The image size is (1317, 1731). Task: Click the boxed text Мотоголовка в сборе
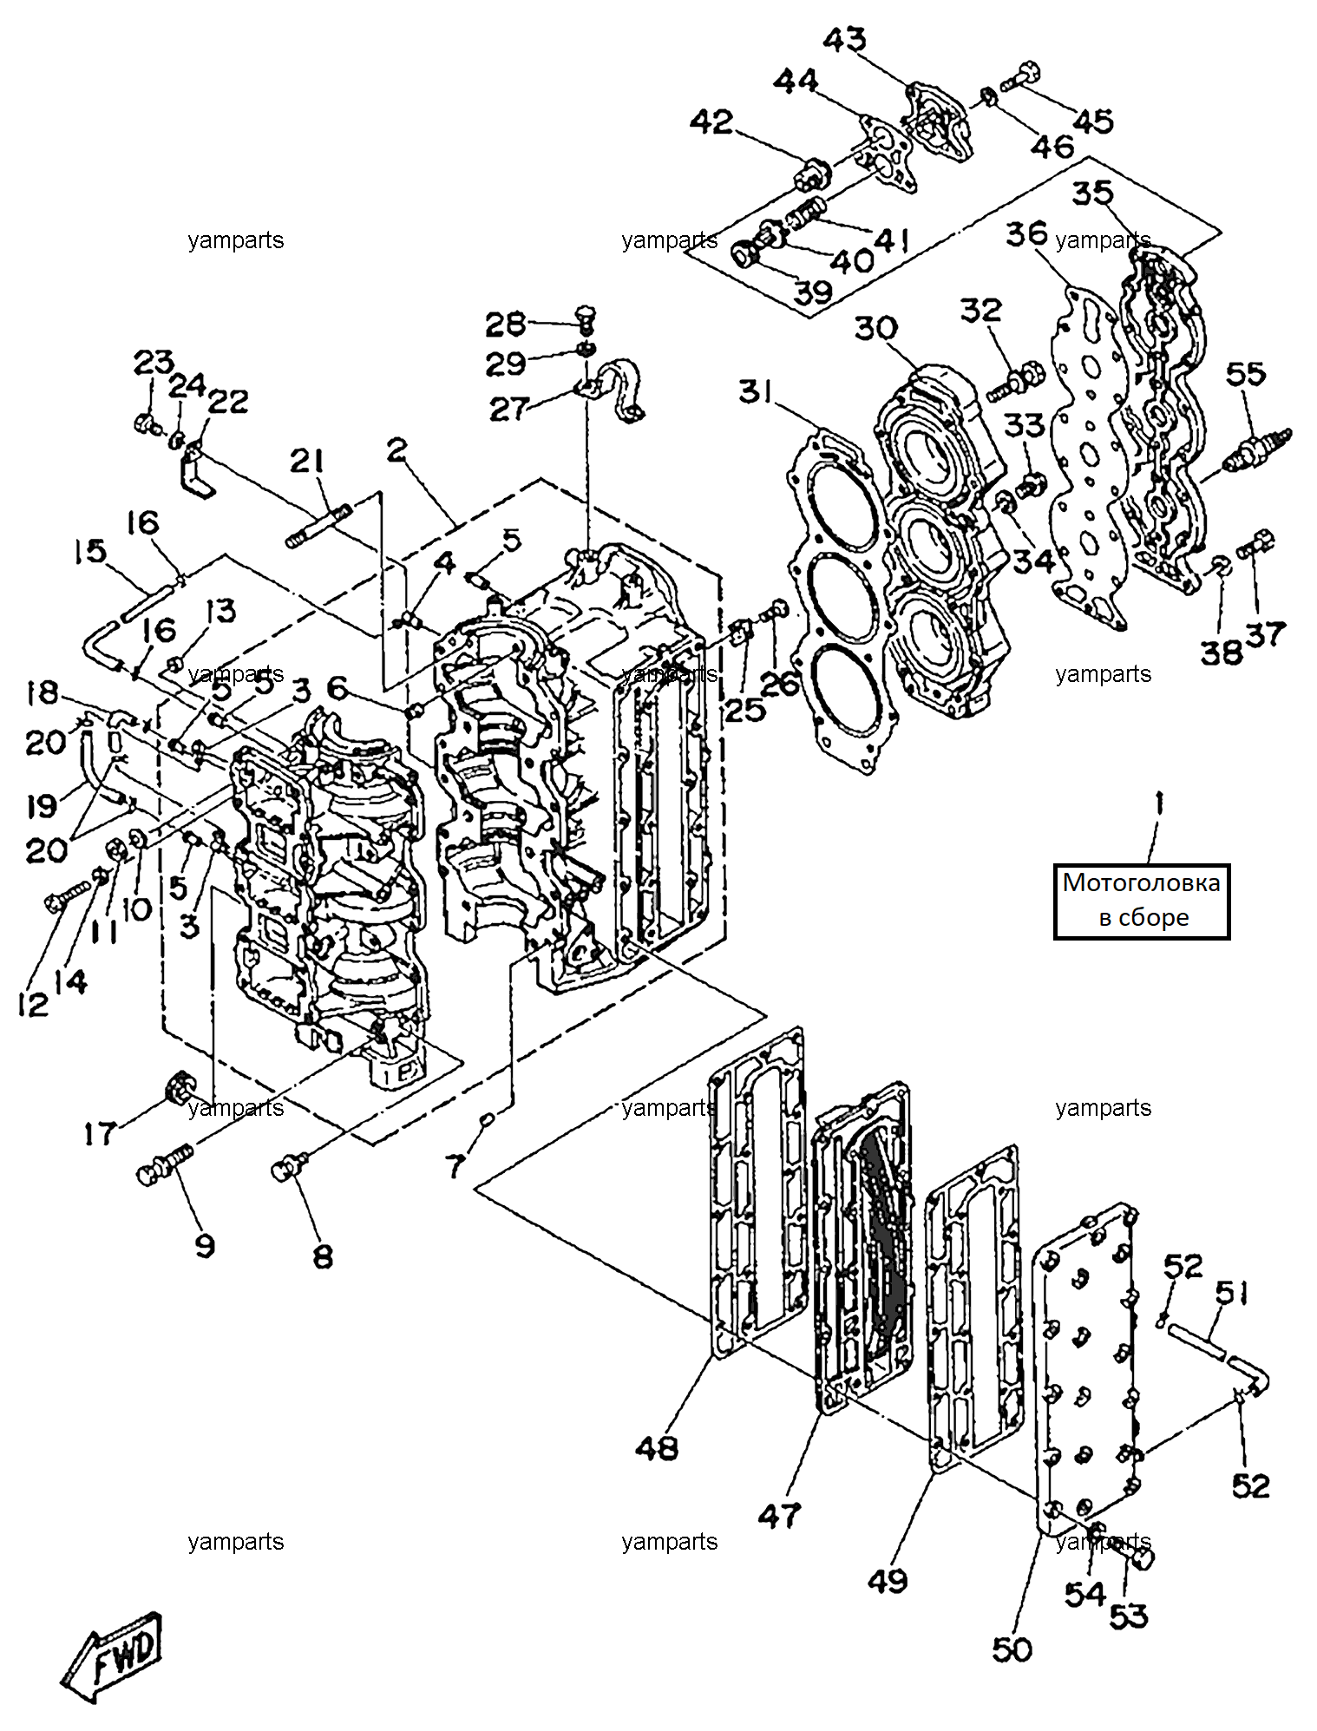[x=1142, y=901]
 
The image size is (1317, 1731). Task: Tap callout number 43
[x=844, y=41]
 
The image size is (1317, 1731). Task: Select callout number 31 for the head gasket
[x=756, y=392]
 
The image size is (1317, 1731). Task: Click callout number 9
[x=204, y=1246]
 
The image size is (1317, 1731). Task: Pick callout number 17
[x=101, y=1133]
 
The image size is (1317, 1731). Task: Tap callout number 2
[x=396, y=452]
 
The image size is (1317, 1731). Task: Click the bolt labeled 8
[x=292, y=1165]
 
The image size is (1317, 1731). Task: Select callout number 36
[x=1027, y=233]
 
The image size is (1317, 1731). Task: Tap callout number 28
[x=506, y=325]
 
